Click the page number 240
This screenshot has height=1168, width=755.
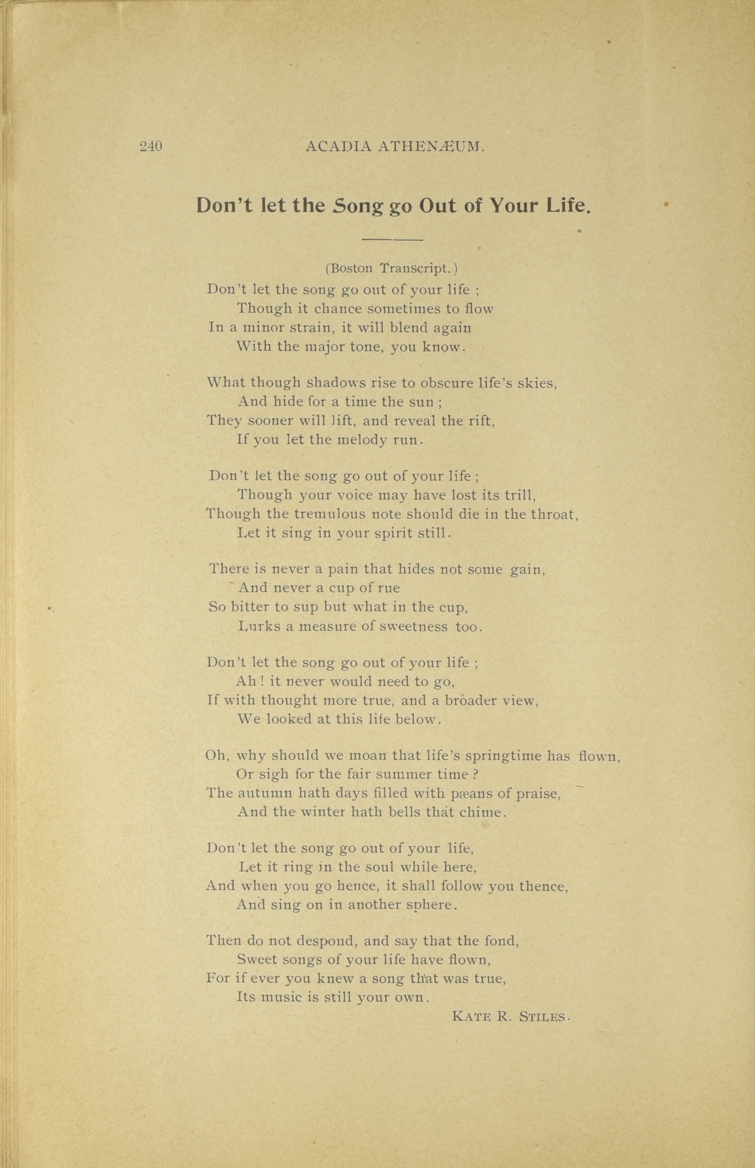click(x=151, y=147)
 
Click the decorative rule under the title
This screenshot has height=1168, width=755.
click(x=392, y=240)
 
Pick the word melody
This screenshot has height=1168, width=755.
click(x=363, y=439)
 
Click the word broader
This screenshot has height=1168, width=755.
click(x=471, y=700)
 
